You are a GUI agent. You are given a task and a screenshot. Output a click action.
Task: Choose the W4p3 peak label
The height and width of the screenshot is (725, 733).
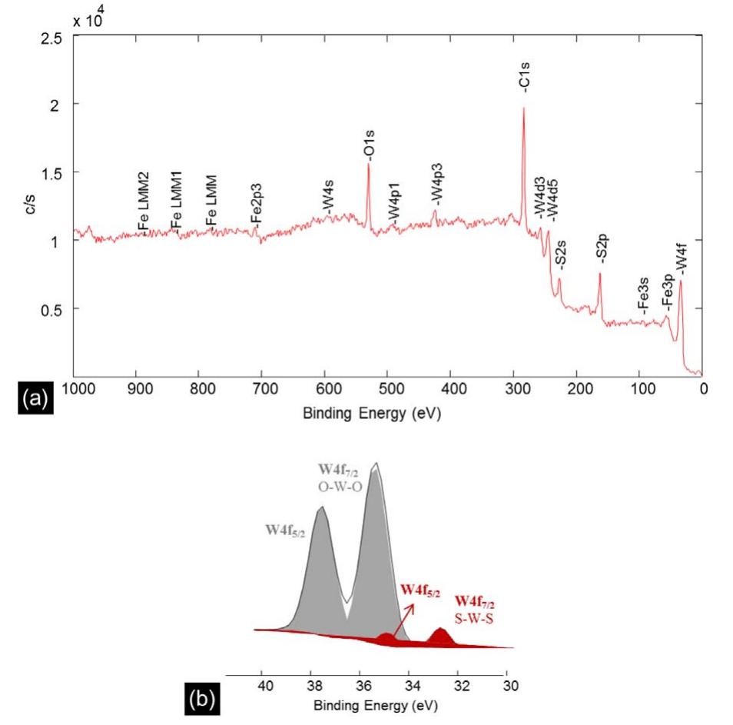pos(436,189)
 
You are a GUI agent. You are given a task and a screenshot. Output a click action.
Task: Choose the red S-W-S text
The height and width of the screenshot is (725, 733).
pos(474,615)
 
